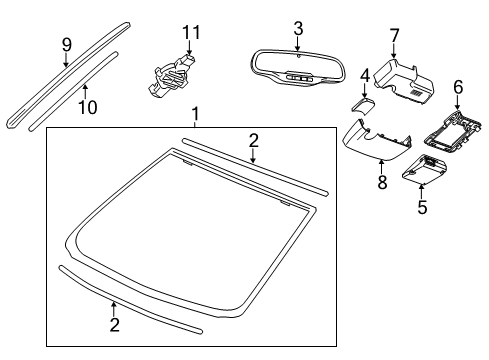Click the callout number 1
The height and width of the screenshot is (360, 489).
(196, 116)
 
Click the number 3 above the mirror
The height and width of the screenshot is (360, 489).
(297, 27)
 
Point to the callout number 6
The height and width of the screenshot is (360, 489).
(458, 88)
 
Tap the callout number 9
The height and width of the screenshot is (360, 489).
(67, 44)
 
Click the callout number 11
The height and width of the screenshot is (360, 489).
(188, 36)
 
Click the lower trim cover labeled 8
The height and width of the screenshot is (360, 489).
(375, 140)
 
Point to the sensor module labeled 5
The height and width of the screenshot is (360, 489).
(424, 171)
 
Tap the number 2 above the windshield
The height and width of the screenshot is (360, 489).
(254, 139)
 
